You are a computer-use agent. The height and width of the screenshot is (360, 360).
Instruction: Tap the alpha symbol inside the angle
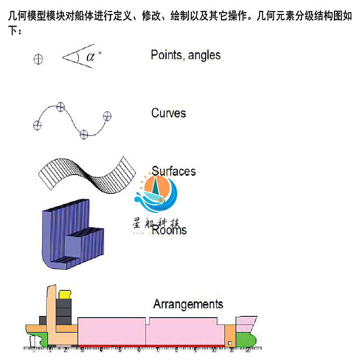[91, 57]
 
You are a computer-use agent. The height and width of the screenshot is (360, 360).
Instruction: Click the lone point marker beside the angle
[39, 58]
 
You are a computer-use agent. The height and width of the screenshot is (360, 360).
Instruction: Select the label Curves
[168, 113]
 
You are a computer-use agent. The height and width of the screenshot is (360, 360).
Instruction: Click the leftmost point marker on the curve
[37, 125]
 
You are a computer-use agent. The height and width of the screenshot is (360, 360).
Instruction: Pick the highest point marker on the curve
[61, 107]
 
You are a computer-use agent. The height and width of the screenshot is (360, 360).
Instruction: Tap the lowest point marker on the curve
[83, 134]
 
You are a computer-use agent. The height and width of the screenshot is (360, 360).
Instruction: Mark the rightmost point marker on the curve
[107, 116]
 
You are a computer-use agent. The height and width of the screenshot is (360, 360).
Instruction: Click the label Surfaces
[174, 171]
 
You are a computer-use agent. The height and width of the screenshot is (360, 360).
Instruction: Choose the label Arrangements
[188, 304]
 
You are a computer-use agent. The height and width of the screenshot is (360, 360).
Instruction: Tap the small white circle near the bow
[230, 344]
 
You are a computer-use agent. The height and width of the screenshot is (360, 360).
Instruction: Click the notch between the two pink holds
[148, 320]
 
